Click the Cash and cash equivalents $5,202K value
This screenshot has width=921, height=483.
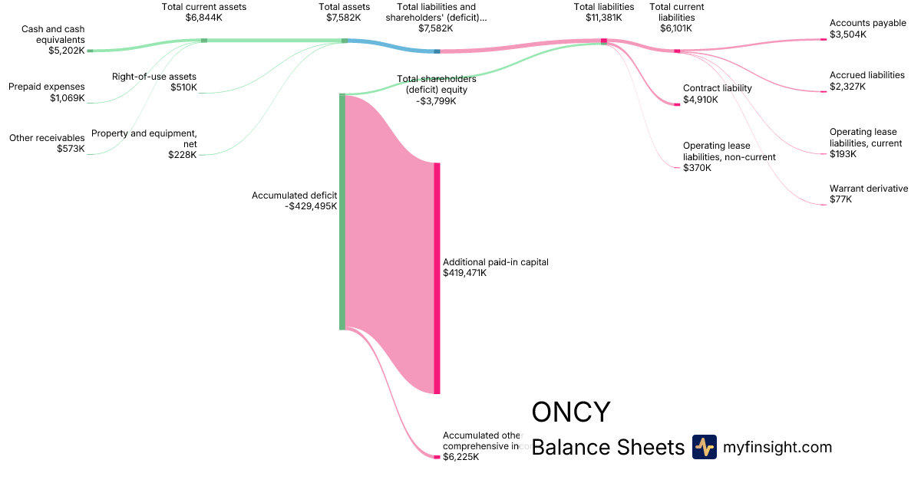click(66, 51)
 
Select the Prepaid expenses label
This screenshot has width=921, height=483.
click(46, 87)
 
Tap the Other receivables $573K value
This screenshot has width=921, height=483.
click(71, 149)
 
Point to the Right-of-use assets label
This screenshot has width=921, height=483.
click(153, 77)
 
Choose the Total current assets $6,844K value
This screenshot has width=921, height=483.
click(203, 17)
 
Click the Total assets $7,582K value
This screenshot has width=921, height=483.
click(344, 17)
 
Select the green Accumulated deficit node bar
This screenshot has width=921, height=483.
click(342, 212)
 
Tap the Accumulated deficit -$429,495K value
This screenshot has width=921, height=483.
click(311, 206)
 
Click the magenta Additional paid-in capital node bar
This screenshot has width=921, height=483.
click(437, 278)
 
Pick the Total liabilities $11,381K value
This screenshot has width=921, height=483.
click(603, 17)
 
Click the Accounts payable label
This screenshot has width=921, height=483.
click(867, 24)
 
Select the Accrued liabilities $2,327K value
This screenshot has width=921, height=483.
click(847, 87)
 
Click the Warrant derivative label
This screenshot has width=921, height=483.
click(868, 189)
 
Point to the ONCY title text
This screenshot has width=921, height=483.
click(571, 412)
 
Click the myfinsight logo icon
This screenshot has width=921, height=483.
click(704, 447)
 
